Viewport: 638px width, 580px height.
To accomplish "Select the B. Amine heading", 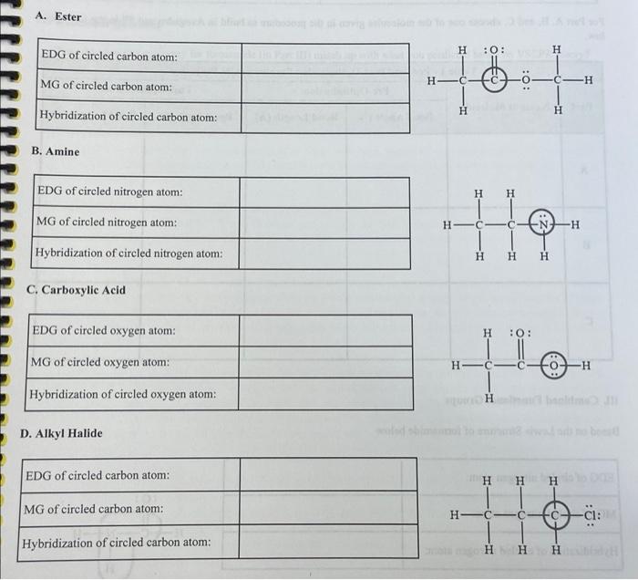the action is pyautogui.click(x=56, y=151).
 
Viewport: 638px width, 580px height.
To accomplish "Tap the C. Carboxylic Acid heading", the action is pyautogui.click(x=77, y=290).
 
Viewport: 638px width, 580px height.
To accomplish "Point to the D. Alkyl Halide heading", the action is pyautogui.click(x=61, y=433).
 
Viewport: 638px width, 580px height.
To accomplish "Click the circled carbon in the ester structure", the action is pyautogui.click(x=495, y=79).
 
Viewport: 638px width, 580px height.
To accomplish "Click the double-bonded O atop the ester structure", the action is pyautogui.click(x=494, y=50).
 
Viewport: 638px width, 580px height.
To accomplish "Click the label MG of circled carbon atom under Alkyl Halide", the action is pyautogui.click(x=95, y=508).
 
